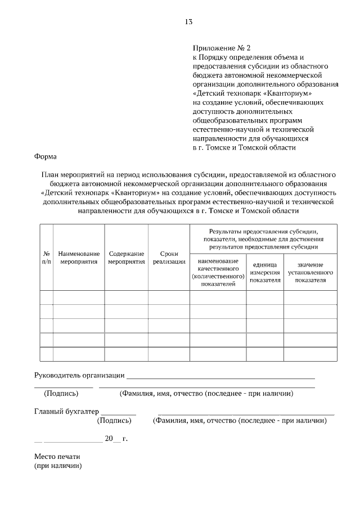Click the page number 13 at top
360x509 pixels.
click(x=188, y=22)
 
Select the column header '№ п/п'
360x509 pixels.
click(x=47, y=257)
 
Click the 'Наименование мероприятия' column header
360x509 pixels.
click(x=79, y=257)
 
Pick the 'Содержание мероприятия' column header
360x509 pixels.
click(x=127, y=257)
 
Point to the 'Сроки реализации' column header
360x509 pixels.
click(x=169, y=257)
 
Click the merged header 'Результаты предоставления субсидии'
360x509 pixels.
click(x=264, y=238)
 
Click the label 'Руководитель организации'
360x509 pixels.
click(x=79, y=376)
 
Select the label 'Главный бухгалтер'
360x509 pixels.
click(x=66, y=411)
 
